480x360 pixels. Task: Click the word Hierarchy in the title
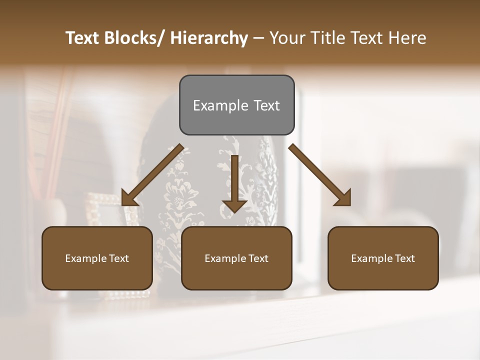click(x=209, y=38)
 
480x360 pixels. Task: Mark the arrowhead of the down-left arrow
click(x=128, y=198)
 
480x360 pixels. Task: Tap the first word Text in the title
click(x=82, y=38)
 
